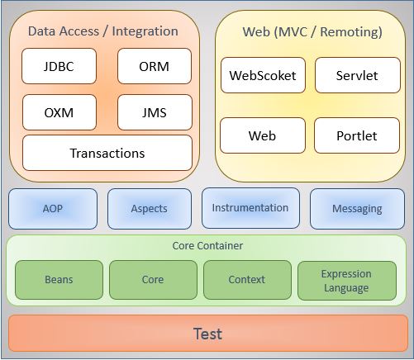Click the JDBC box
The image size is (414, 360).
click(59, 67)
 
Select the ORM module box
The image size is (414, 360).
click(154, 67)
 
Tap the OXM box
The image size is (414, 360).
click(59, 111)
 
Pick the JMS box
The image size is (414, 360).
click(154, 111)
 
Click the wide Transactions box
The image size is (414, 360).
click(107, 153)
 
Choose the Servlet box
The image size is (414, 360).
click(356, 75)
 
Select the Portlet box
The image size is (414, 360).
click(356, 135)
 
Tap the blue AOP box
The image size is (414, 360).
click(52, 209)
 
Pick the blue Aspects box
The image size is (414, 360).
click(149, 209)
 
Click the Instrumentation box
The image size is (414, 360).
click(250, 208)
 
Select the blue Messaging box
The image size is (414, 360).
click(356, 209)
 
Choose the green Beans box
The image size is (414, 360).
click(58, 280)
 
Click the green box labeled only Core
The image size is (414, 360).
click(152, 280)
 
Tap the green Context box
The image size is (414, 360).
click(246, 280)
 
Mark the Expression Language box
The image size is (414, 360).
click(345, 281)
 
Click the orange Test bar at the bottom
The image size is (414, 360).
click(207, 334)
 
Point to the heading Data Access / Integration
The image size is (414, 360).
click(102, 31)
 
